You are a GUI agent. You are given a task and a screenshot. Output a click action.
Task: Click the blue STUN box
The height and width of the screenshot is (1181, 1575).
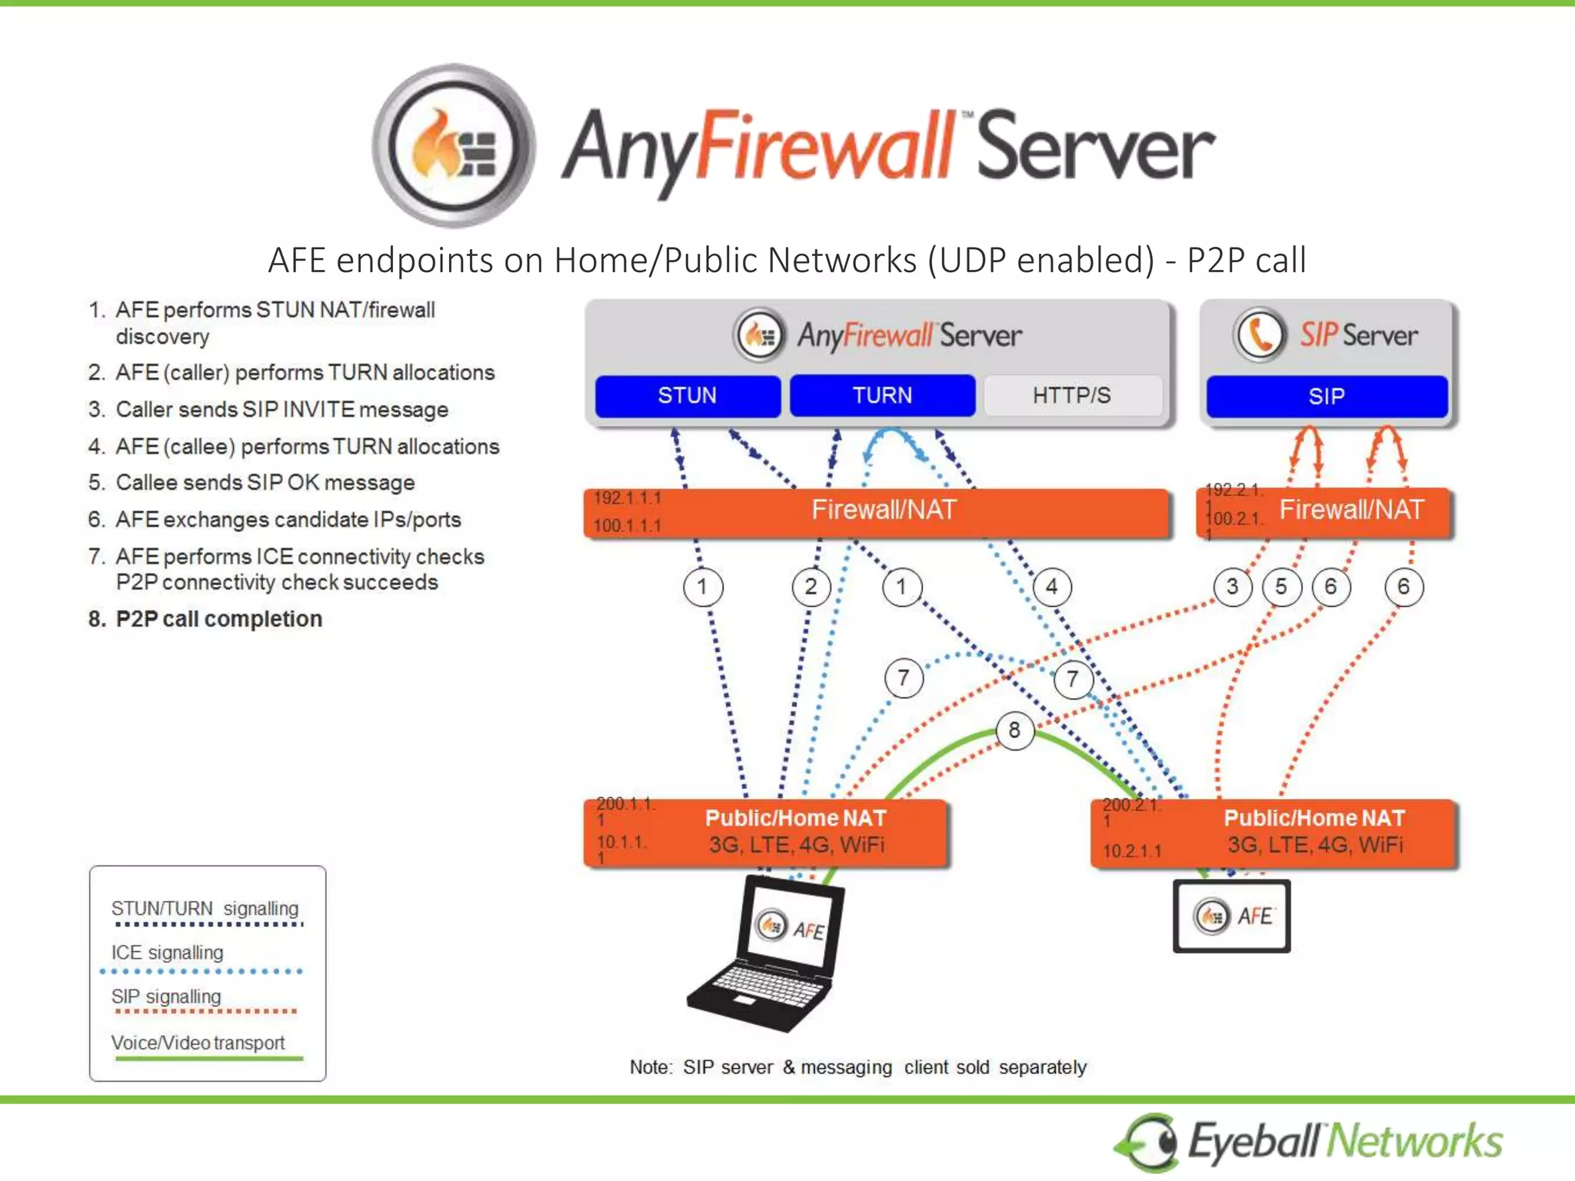click(688, 396)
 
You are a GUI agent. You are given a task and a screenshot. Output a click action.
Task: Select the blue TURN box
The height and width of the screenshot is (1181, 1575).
click(882, 396)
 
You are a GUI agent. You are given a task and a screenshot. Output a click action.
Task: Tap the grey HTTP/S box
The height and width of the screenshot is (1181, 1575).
click(1072, 396)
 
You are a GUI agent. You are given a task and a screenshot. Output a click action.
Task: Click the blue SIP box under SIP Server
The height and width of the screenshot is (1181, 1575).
click(1327, 397)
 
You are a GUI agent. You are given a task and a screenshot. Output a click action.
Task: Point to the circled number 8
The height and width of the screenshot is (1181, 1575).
click(1014, 730)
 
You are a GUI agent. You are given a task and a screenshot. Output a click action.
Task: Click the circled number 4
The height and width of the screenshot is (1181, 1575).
click(1051, 587)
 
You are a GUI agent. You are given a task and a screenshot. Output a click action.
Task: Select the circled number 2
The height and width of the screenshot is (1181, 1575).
click(811, 587)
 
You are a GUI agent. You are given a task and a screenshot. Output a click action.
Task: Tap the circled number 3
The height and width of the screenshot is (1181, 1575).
click(1232, 587)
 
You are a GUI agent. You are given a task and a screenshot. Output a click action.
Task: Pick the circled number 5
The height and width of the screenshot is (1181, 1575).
click(1281, 587)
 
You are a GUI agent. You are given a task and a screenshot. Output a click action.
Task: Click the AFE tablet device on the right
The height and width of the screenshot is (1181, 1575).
click(1231, 917)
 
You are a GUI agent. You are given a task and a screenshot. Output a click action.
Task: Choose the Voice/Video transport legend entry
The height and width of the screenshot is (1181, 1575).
click(198, 1043)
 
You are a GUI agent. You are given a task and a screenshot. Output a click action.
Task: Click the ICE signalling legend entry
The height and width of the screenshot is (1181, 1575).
click(168, 953)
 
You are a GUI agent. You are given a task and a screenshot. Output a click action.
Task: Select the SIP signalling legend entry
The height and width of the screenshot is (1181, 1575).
click(166, 997)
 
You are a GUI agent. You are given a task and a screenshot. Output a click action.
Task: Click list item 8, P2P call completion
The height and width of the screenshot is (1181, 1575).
click(218, 619)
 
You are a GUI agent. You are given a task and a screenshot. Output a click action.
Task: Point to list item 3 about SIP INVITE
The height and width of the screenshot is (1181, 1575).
click(281, 410)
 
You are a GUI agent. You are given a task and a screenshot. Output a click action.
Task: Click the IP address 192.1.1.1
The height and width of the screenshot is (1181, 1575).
click(628, 498)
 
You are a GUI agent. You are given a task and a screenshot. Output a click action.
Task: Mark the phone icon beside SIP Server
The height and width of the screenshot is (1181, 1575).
click(1260, 334)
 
